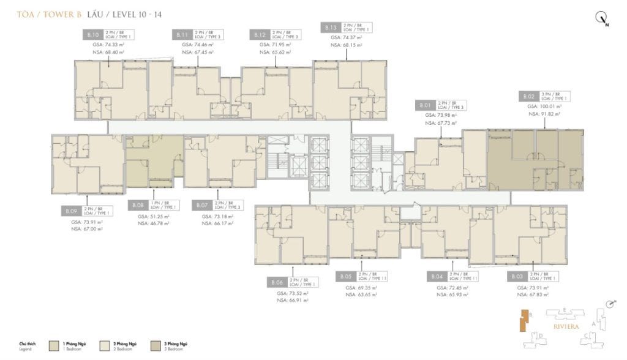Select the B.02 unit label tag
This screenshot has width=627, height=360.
point(529,96)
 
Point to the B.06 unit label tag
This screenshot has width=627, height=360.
point(276,282)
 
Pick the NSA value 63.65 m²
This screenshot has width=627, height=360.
point(362,294)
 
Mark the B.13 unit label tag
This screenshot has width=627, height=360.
point(330,27)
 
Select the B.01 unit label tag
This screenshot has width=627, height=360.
point(425,105)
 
